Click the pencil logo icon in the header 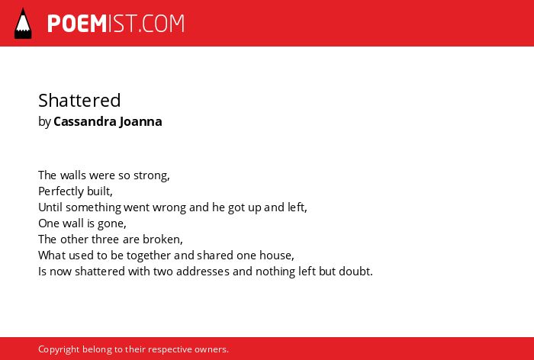tap(23, 24)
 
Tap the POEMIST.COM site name tap(116, 24)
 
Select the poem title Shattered tap(79, 100)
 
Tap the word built tap(100, 191)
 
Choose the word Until tap(50, 207)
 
